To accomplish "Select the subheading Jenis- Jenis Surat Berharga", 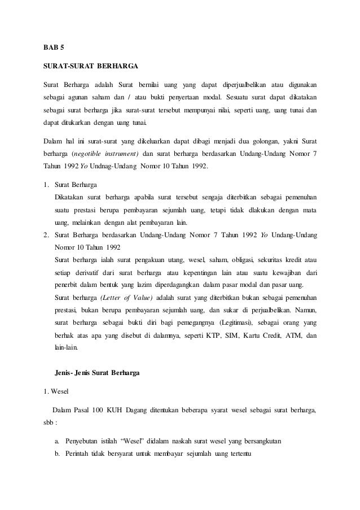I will (x=96, y=373).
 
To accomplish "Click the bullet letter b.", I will (x=57, y=454).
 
